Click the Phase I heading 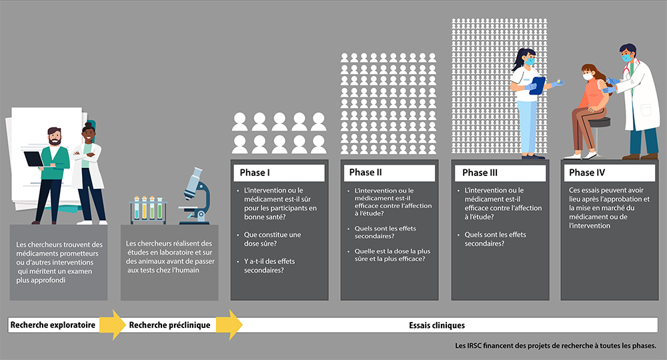click(x=255, y=173)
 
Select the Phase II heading click(x=366, y=172)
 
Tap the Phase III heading click(x=480, y=173)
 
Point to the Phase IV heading click(x=587, y=172)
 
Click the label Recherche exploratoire click(x=53, y=325)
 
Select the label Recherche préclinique click(x=169, y=325)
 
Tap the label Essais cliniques click(x=437, y=325)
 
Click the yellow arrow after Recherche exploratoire click(x=112, y=325)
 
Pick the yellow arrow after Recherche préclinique click(x=229, y=325)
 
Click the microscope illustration click(x=195, y=196)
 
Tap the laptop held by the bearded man click(x=33, y=159)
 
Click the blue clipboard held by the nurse click(x=538, y=85)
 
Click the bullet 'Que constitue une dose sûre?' click(x=272, y=239)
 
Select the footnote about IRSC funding click(x=556, y=346)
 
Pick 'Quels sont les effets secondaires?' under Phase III click(x=495, y=239)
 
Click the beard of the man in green click(x=55, y=140)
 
